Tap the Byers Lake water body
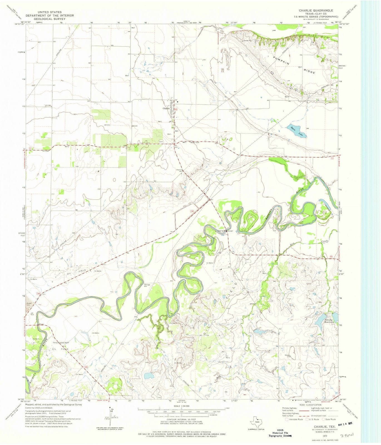[297, 130]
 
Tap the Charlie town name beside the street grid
[166, 108]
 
